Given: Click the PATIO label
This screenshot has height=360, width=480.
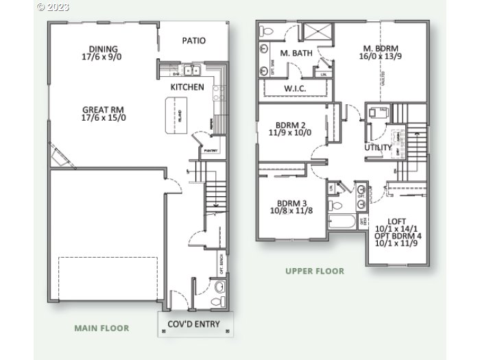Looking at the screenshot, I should point(194,41).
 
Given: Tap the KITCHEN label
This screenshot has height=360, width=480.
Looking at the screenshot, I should point(187,87).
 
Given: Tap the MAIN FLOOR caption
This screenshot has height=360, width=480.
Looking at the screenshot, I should point(101,328).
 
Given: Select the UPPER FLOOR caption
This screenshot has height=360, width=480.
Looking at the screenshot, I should point(315,271).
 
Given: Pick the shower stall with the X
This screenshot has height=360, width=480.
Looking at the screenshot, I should point(317,32).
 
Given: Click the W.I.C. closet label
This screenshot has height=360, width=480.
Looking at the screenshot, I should point(295,89).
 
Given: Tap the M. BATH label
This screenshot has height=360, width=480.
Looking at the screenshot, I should point(296,53).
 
